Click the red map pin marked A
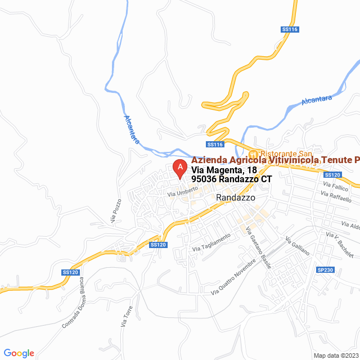click(179, 168)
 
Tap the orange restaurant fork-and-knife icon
click(254, 153)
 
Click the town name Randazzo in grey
click(236, 198)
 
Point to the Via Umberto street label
click(182, 191)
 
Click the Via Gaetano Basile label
click(259, 247)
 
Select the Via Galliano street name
click(298, 246)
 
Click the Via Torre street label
click(127, 317)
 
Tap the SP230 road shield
click(326, 271)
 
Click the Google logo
click(19, 353)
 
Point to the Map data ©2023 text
click(335, 355)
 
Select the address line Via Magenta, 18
click(224, 170)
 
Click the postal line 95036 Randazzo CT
click(232, 179)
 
